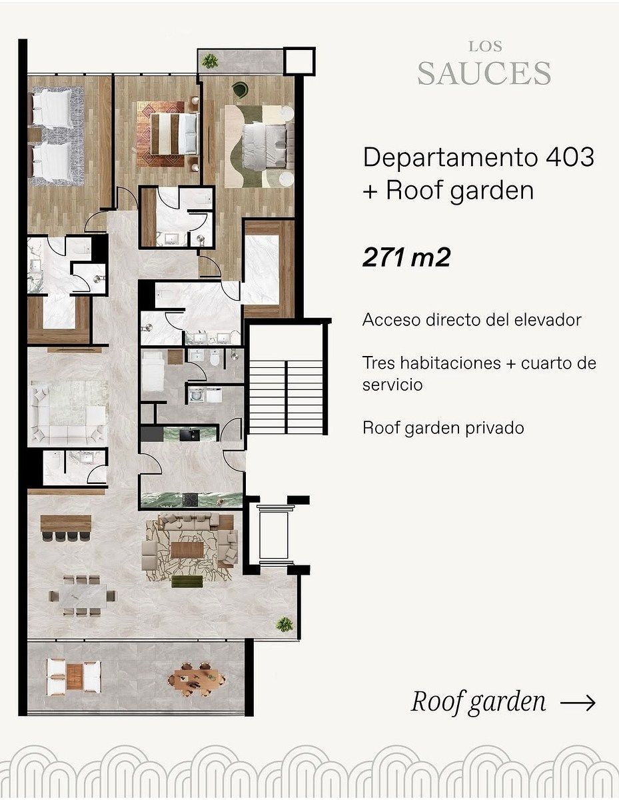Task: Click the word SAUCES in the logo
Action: pos(484,73)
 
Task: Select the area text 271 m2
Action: pos(406,257)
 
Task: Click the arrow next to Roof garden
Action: pos(578,703)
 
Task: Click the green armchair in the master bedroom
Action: pos(240,89)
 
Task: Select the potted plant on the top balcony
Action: pos(210,61)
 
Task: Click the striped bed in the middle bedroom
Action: pos(173,133)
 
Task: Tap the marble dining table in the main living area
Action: pos(83,597)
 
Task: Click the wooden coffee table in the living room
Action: pos(187,550)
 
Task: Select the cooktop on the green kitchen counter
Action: pos(191,499)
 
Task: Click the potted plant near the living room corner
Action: pos(285,625)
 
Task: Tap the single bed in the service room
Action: pos(153,371)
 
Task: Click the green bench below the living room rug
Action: pos(187,582)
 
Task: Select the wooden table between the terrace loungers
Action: pos(74,677)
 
